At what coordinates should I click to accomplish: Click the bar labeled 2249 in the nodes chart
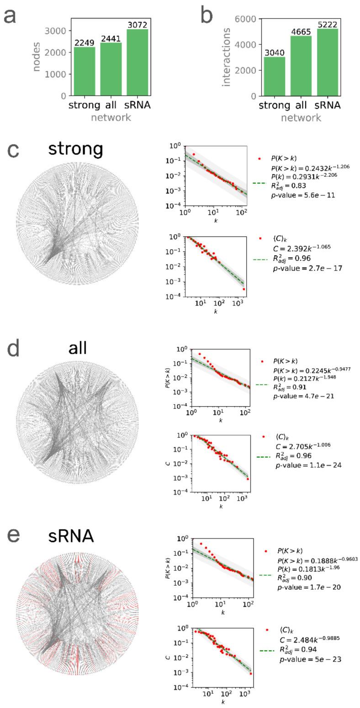click(x=85, y=71)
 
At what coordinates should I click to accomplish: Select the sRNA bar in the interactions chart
click(x=327, y=62)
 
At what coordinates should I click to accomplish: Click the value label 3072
click(x=138, y=24)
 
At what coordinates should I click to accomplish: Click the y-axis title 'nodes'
click(x=37, y=57)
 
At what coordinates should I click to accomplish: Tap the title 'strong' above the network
click(x=76, y=149)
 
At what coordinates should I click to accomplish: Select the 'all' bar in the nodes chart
click(x=111, y=69)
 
